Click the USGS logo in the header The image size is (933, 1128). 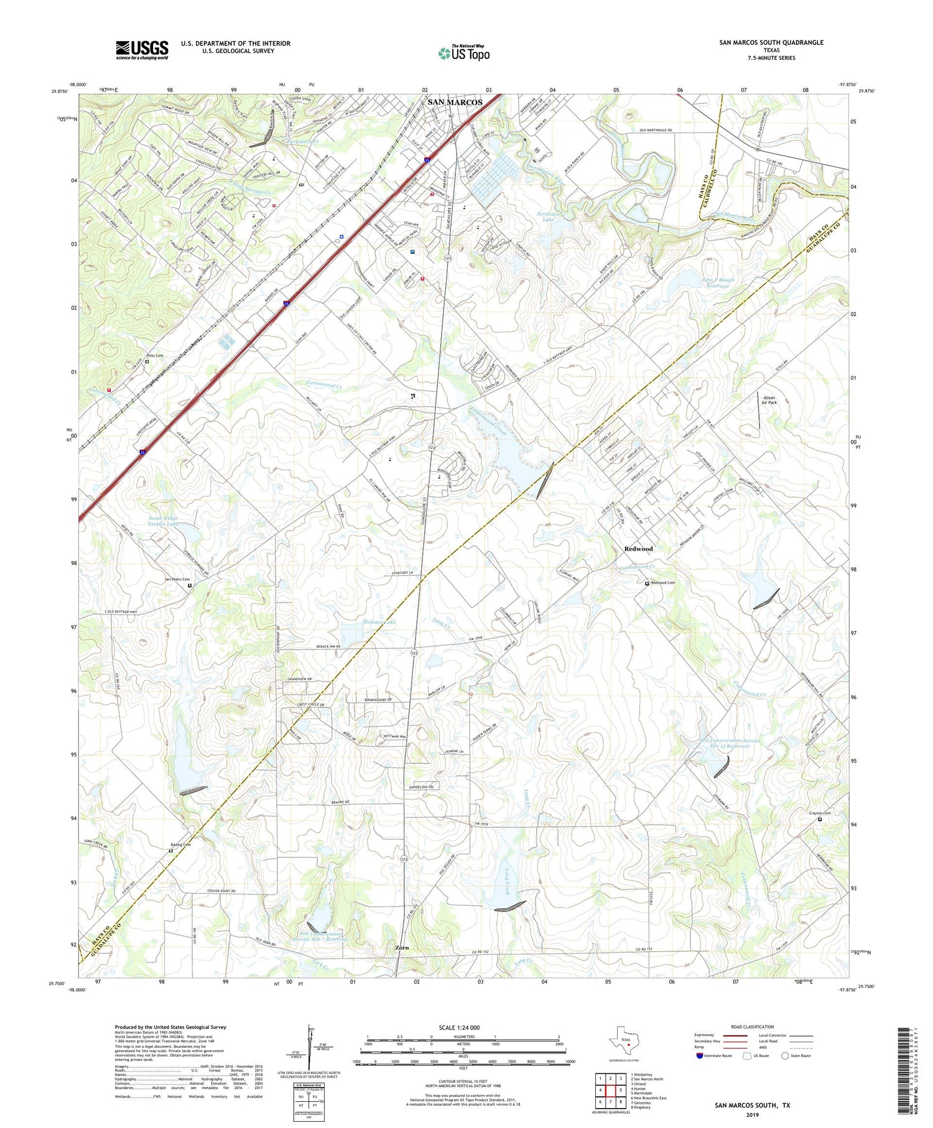(x=142, y=50)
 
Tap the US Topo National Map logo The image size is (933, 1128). (x=464, y=53)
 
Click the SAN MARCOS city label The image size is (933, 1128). (x=454, y=102)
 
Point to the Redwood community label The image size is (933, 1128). (x=638, y=549)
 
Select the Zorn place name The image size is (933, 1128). (x=402, y=948)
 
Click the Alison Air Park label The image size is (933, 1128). (x=769, y=400)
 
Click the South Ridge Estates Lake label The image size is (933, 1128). (x=163, y=521)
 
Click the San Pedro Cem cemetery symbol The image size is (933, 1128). (x=190, y=585)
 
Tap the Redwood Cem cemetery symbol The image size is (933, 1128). (x=647, y=583)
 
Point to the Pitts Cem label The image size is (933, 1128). (x=155, y=355)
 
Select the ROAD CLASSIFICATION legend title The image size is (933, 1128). (x=753, y=1027)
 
